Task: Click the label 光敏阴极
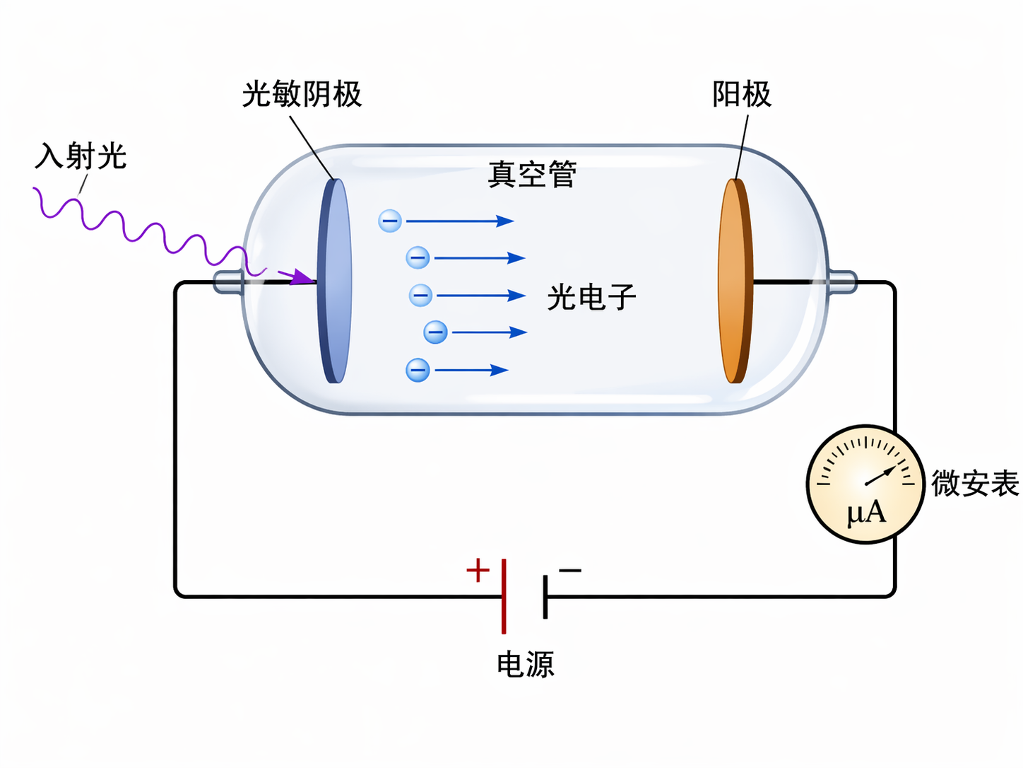pyautogui.click(x=302, y=94)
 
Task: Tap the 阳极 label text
pyautogui.click(x=741, y=94)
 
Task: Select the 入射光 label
pyautogui.click(x=81, y=156)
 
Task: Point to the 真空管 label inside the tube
pyautogui.click(x=532, y=174)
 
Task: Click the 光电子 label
pyautogui.click(x=591, y=297)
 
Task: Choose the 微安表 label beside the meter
pyautogui.click(x=974, y=484)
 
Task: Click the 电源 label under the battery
pyautogui.click(x=525, y=665)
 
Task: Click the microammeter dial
pyautogui.click(x=865, y=484)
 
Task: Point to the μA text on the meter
pyautogui.click(x=865, y=512)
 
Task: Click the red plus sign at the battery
pyautogui.click(x=478, y=570)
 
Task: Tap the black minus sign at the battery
pyautogui.click(x=570, y=570)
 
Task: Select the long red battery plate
pyautogui.click(x=504, y=596)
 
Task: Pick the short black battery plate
pyautogui.click(x=545, y=597)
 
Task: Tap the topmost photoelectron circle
pyautogui.click(x=390, y=221)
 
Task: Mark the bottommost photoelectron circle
pyautogui.click(x=418, y=370)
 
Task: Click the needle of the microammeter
pyautogui.click(x=880, y=476)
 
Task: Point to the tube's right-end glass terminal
pyautogui.click(x=841, y=281)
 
